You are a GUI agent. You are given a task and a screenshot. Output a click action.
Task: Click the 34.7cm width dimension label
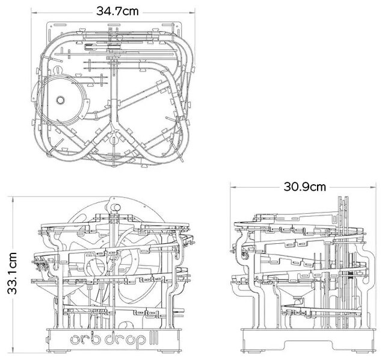click(x=117, y=11)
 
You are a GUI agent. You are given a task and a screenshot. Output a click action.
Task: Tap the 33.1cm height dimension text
click(x=12, y=273)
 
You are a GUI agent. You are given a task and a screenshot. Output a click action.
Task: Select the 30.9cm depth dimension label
click(x=305, y=187)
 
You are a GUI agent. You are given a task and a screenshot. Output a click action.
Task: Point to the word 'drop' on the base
click(x=125, y=339)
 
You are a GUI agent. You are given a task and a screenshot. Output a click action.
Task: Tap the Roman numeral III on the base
click(x=155, y=338)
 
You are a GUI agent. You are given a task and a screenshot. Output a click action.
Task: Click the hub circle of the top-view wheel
click(x=60, y=100)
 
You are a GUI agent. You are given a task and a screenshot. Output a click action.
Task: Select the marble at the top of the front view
click(x=115, y=207)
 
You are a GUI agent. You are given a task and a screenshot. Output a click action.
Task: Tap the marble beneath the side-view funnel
click(x=298, y=302)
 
